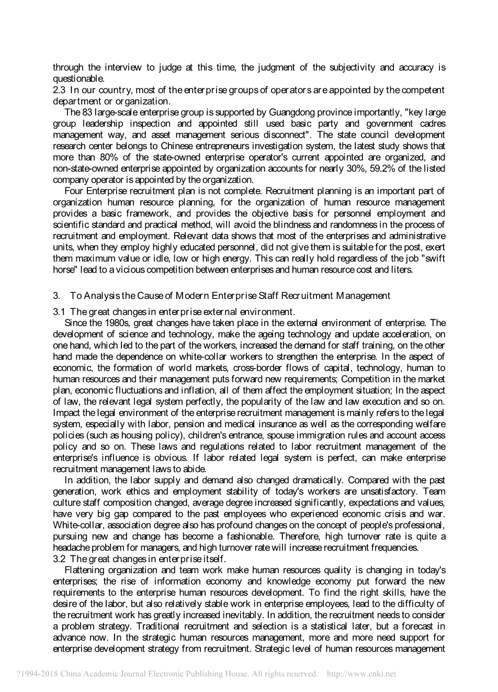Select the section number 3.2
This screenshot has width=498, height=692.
coord(60,559)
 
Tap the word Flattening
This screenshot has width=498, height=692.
coord(85,570)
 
